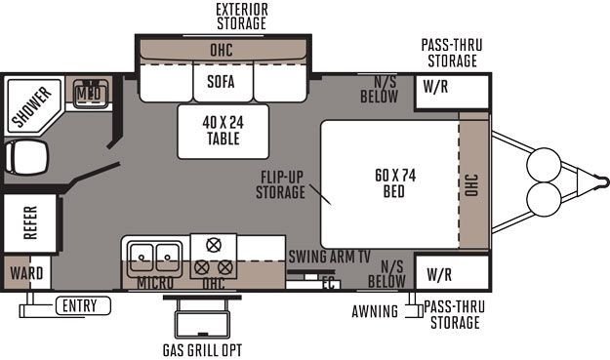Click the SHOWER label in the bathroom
[x=32, y=106]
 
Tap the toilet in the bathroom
[x=25, y=157]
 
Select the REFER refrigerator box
[x=30, y=222]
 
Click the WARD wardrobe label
[x=26, y=273]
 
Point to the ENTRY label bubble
[x=83, y=305]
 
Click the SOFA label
[x=221, y=82]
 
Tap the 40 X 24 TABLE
[x=223, y=132]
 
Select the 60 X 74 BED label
[x=395, y=183]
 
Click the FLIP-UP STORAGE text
[x=281, y=184]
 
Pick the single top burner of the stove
[x=214, y=245]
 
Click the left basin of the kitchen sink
[x=141, y=257]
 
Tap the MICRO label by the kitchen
[x=155, y=283]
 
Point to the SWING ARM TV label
[x=329, y=257]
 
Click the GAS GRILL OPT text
[x=202, y=350]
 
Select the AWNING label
[x=375, y=311]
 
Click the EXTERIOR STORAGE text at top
[x=242, y=17]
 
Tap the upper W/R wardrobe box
[x=452, y=92]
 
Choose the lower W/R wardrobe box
[x=452, y=272]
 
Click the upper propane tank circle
[x=544, y=165]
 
